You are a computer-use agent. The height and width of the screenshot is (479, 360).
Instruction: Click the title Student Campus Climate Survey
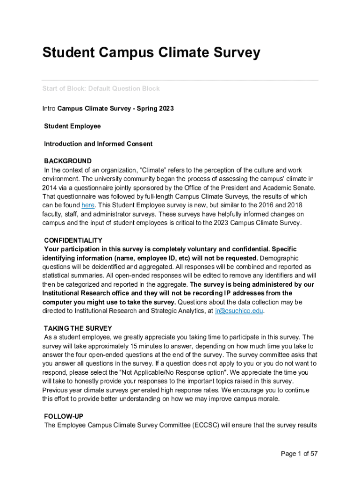151,53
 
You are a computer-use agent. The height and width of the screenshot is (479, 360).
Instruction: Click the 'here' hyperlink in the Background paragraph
88,205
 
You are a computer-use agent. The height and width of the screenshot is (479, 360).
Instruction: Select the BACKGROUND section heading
68,161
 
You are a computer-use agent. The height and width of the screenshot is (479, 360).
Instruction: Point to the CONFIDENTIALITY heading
73,240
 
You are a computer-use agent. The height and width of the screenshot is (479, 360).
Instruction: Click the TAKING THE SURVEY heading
78,328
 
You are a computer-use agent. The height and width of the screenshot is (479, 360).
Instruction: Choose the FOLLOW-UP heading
64,416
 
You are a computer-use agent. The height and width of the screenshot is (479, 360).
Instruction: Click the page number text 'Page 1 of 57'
299,454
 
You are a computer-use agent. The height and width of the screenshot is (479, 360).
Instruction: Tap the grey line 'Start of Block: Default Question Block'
101,88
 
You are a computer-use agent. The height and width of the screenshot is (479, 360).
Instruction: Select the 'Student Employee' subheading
72,126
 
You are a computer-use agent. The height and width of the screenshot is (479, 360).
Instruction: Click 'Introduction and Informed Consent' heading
98,144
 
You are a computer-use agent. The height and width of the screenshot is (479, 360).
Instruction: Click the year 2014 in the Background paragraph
50,188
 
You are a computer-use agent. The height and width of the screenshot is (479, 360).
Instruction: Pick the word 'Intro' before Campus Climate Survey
49,109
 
